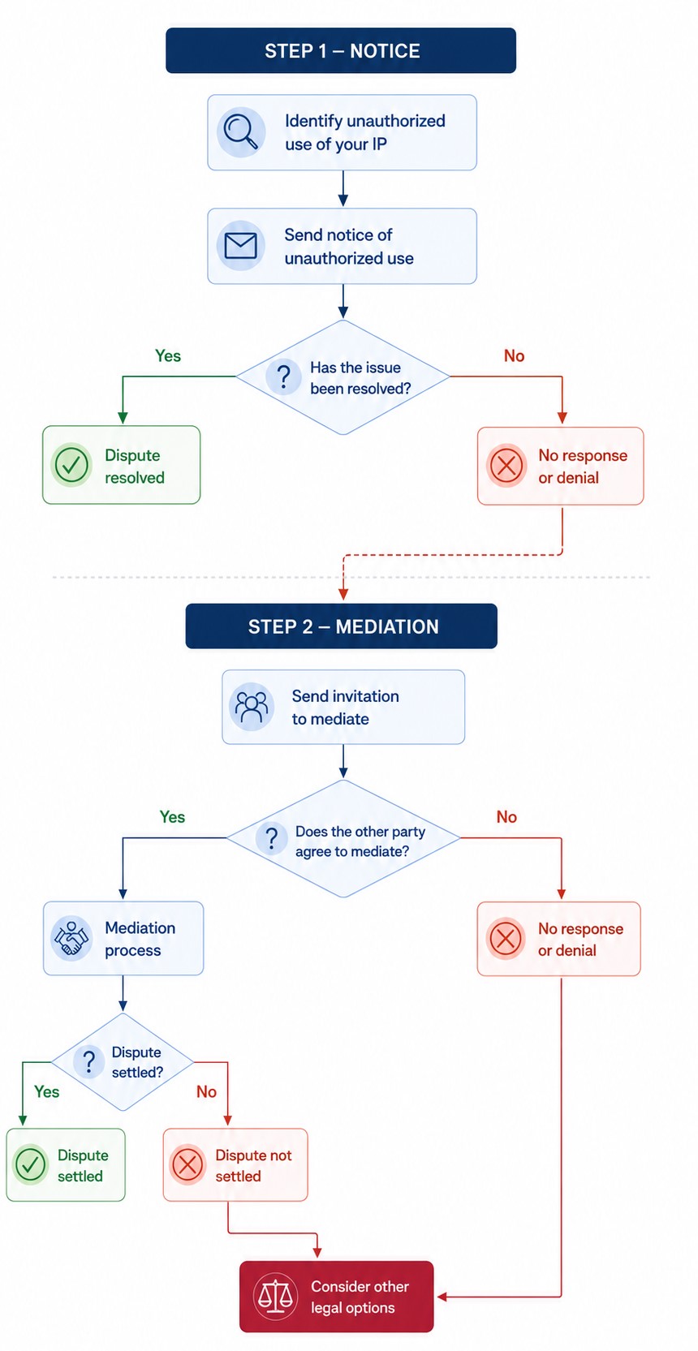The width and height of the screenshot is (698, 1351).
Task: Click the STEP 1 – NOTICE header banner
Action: tap(341, 50)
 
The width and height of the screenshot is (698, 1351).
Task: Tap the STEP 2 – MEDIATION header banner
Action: tap(341, 626)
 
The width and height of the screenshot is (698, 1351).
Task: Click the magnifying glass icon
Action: tap(241, 132)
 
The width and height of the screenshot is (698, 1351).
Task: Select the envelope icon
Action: tap(241, 246)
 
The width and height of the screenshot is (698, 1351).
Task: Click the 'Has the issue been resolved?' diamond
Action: tap(343, 377)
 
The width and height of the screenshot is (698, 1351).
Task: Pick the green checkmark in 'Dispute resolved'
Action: tap(71, 465)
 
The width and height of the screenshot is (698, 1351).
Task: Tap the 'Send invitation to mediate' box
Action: tap(343, 707)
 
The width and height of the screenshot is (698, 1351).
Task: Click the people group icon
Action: tap(252, 707)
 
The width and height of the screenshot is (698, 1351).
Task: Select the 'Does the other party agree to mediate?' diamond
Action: tap(343, 838)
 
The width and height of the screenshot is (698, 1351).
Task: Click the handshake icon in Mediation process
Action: tap(71, 939)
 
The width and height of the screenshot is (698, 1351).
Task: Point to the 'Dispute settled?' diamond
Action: tap(123, 1061)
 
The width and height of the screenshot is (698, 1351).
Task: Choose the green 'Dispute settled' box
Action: tap(66, 1164)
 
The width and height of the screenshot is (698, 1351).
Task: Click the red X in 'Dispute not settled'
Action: tap(187, 1164)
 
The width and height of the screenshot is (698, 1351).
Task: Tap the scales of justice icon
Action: tap(275, 1296)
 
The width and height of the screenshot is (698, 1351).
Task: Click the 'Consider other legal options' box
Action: tap(337, 1296)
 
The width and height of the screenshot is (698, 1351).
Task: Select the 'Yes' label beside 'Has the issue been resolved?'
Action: tap(168, 356)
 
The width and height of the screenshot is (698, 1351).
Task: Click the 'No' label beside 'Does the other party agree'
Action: tap(506, 816)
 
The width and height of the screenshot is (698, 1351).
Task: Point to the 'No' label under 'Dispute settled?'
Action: tap(206, 1091)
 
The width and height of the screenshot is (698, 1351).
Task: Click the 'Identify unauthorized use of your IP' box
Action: tap(342, 132)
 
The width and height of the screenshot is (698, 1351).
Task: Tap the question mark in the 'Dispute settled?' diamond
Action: tap(89, 1061)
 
